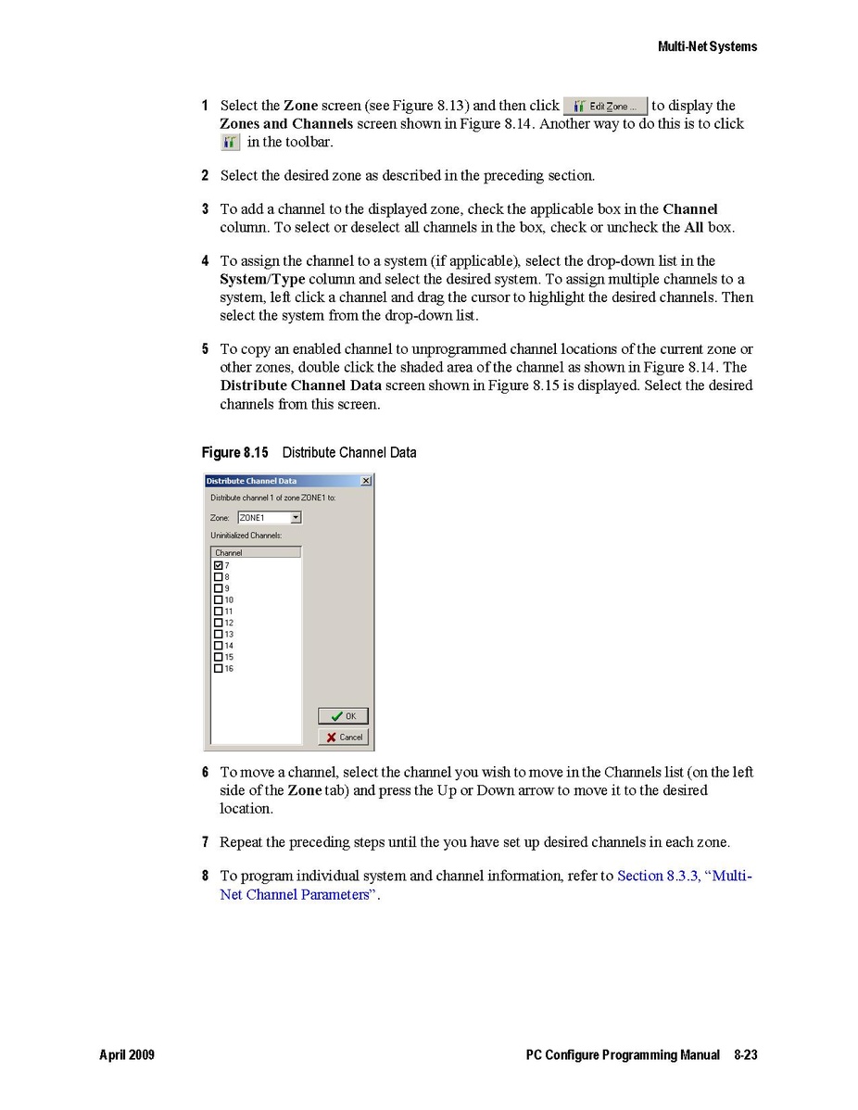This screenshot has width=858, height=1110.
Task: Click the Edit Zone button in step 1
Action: click(x=606, y=107)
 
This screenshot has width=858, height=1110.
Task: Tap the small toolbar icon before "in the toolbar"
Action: click(x=231, y=143)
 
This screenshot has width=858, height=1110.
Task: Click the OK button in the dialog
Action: click(x=344, y=716)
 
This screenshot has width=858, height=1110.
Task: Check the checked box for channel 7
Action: click(x=219, y=565)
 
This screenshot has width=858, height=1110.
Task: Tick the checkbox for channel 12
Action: click(x=219, y=623)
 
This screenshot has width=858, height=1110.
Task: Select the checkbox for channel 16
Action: click(x=219, y=668)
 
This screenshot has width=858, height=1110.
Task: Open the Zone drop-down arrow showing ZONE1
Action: click(x=296, y=518)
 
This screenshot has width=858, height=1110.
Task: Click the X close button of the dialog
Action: click(x=366, y=481)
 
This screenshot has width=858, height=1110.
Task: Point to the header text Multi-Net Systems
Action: click(x=707, y=46)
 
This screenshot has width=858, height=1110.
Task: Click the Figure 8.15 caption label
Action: click(x=234, y=453)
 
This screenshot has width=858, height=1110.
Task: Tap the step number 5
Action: click(x=205, y=349)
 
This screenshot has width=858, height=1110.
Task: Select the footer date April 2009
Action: click(x=127, y=1055)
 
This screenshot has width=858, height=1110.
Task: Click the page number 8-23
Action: click(x=745, y=1055)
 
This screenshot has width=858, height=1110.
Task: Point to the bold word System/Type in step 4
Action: click(x=262, y=279)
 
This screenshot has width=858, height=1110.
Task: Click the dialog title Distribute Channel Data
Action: click(x=251, y=481)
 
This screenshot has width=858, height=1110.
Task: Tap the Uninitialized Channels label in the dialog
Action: click(x=246, y=536)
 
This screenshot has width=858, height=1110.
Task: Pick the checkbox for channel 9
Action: click(x=219, y=588)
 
